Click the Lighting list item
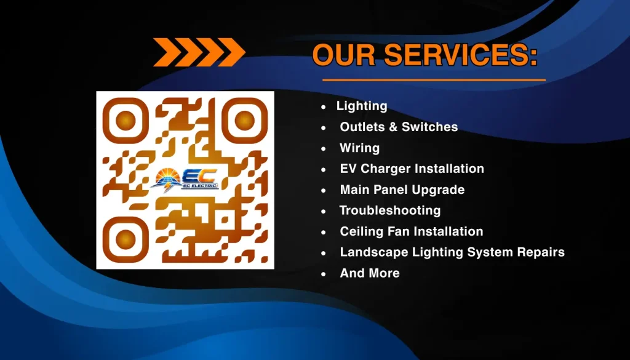coord(362,106)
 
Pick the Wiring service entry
coord(359,148)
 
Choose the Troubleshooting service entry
coord(390,210)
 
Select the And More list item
coord(370,273)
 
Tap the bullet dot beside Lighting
coord(324,107)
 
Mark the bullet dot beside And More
coord(324,274)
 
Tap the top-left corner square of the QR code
coord(126,120)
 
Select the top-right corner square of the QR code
coord(245,120)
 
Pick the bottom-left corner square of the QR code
coord(126,239)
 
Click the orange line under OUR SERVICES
coord(434,80)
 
